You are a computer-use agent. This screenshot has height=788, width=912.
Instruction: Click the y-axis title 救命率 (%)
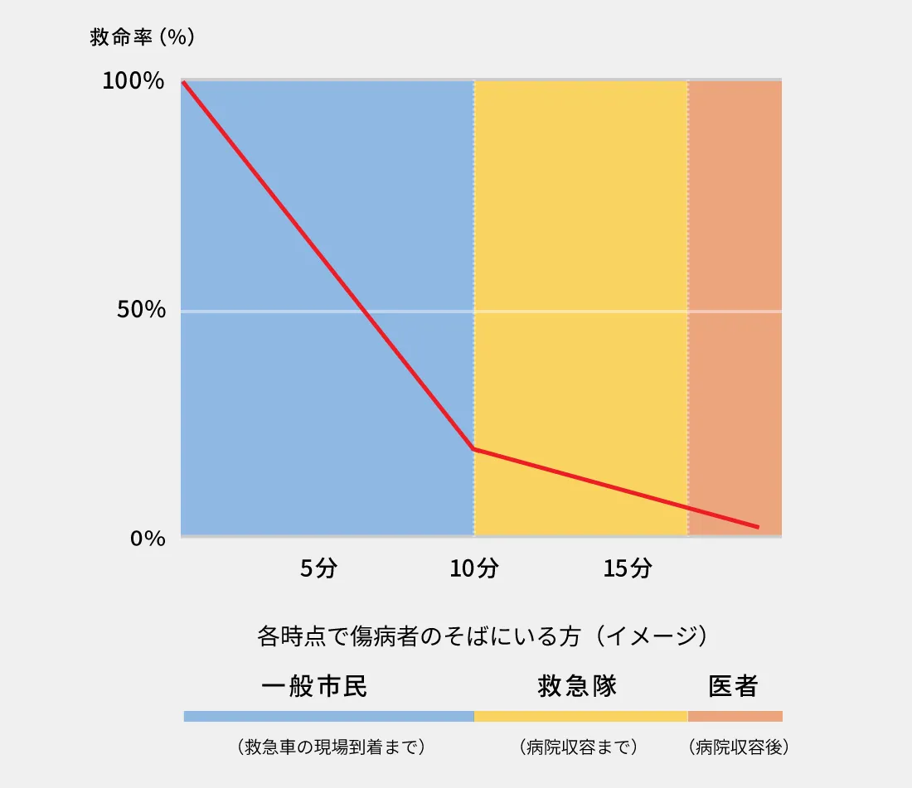(141, 37)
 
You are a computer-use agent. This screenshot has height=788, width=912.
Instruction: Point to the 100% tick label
(133, 81)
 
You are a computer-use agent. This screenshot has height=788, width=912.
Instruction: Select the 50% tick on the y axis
(142, 310)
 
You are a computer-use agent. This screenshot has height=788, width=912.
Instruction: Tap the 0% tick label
(148, 538)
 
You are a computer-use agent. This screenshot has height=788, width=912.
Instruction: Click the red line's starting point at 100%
(183, 82)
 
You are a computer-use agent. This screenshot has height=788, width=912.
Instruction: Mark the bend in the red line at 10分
(473, 449)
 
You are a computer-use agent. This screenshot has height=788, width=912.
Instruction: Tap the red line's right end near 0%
(757, 526)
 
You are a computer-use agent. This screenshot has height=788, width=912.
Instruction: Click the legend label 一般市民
(314, 687)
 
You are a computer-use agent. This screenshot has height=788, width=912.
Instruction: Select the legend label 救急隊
(578, 687)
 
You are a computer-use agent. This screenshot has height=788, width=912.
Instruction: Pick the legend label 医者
(733, 687)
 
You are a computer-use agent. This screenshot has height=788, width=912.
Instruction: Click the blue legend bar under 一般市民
(328, 716)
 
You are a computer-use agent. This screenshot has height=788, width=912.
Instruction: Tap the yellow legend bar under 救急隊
(580, 716)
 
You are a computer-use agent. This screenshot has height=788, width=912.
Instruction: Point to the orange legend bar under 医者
(735, 716)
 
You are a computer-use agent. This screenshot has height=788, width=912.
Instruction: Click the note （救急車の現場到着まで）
(330, 747)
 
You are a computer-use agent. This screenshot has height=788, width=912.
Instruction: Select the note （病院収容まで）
(578, 747)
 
